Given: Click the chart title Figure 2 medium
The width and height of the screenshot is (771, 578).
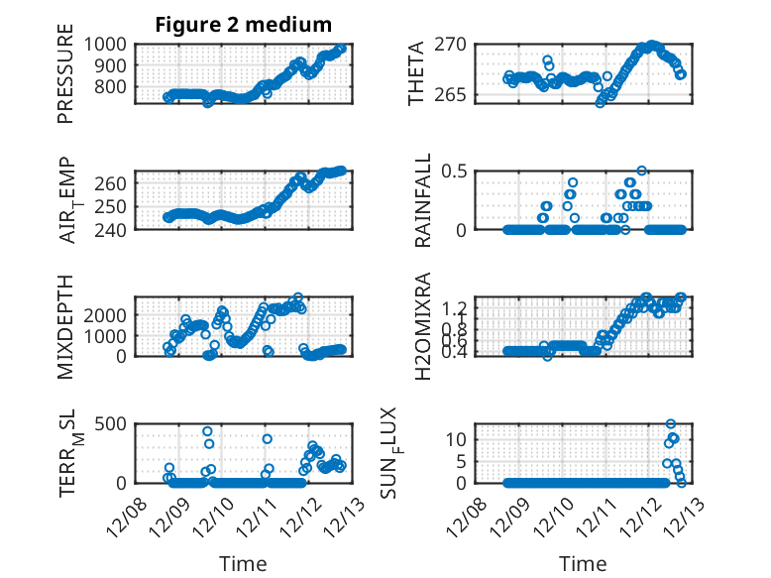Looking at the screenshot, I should (x=243, y=25).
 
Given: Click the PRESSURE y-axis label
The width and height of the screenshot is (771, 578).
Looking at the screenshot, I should (x=65, y=80).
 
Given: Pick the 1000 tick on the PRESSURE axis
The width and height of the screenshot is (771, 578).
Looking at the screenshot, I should (x=105, y=45).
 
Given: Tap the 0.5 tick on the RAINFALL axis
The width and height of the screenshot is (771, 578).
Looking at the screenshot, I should (x=453, y=171).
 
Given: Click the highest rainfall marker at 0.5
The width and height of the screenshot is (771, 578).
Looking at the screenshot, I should (x=641, y=171).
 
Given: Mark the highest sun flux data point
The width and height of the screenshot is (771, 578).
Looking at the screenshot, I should (x=671, y=424).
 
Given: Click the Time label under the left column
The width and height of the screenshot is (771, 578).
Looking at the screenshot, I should (x=243, y=564).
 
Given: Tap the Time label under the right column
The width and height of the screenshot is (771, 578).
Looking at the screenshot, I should (x=584, y=564).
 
